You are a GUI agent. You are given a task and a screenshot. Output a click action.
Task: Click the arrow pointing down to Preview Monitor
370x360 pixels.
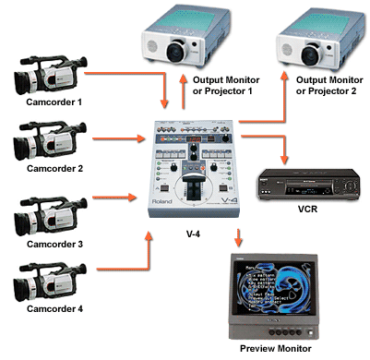tap(239, 235)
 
